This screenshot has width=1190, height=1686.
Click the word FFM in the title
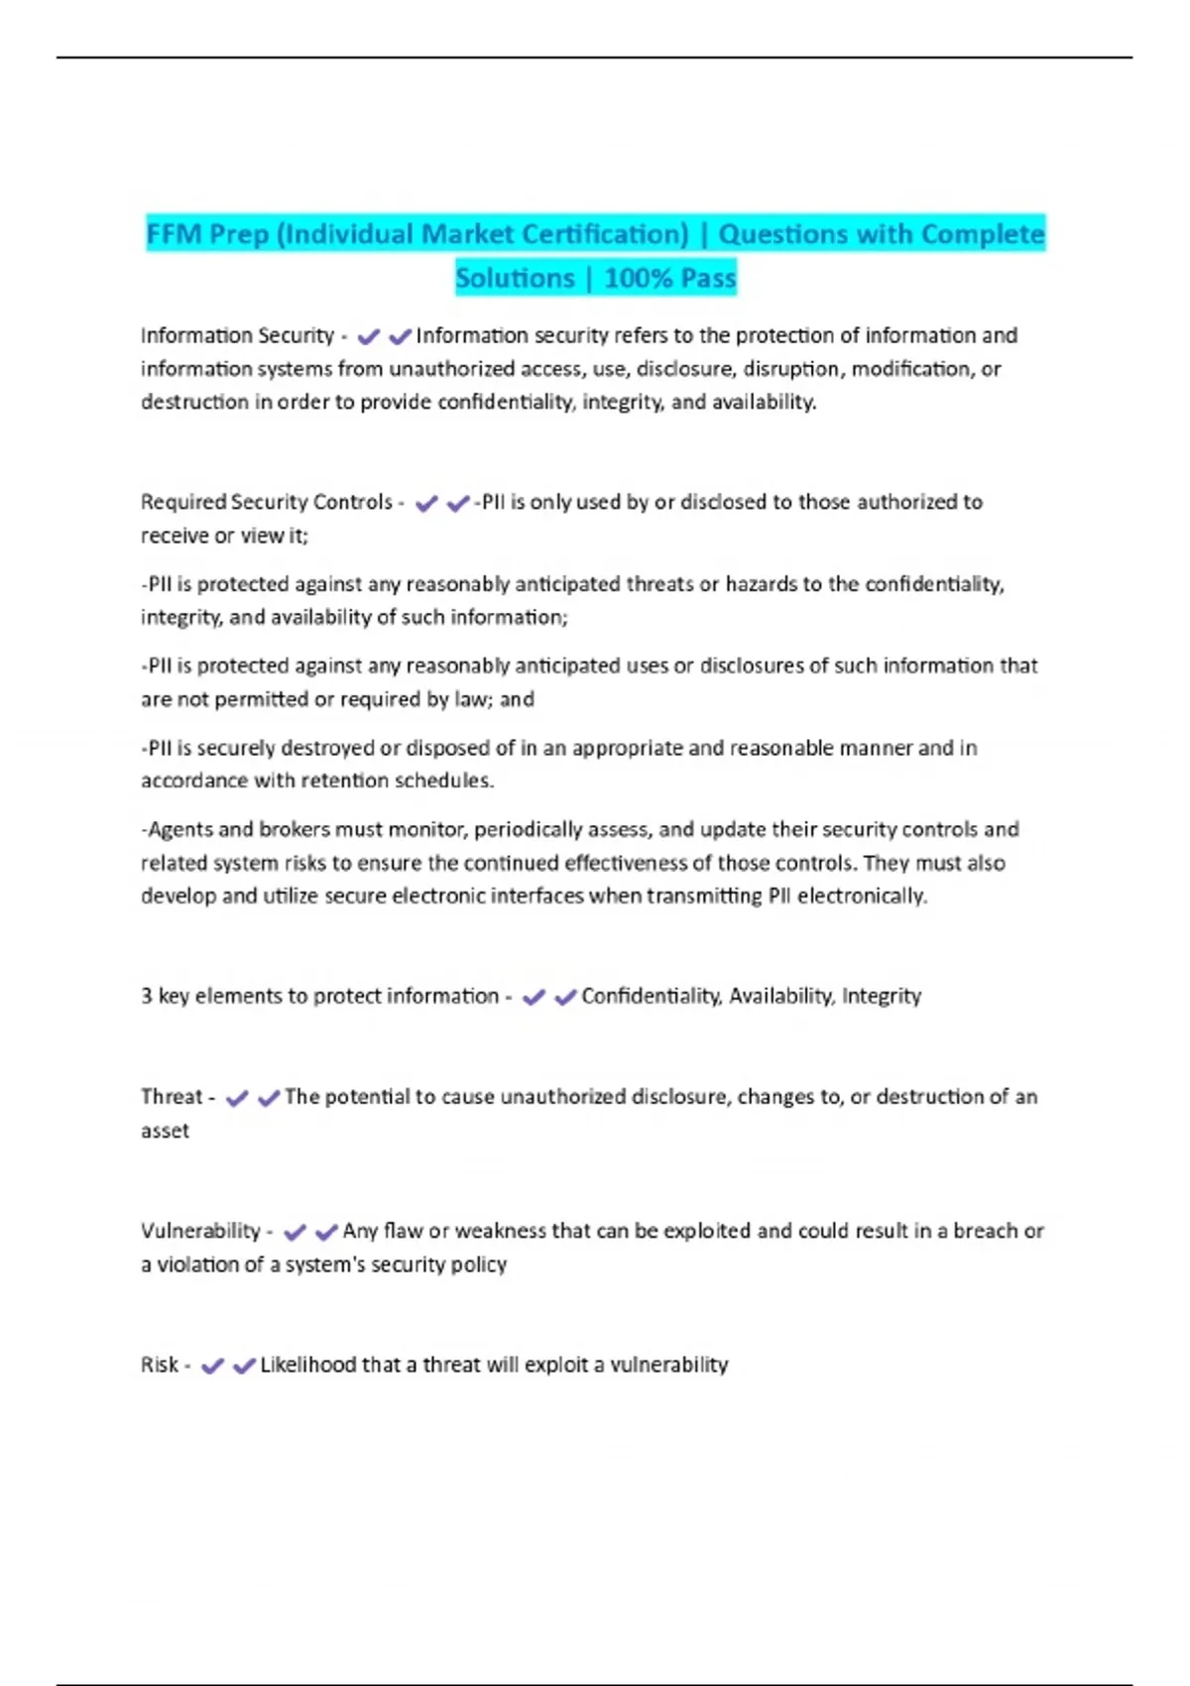[x=174, y=234]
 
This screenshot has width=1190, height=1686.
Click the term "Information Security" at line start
[x=237, y=336]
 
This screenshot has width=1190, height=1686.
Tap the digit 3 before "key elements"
[x=146, y=996]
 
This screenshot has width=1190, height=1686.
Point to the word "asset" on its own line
[x=165, y=1131]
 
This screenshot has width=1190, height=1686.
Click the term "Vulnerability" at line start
[x=200, y=1231]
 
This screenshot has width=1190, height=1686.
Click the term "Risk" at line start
[x=159, y=1365]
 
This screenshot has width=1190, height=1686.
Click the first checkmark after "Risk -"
[x=211, y=1366]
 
